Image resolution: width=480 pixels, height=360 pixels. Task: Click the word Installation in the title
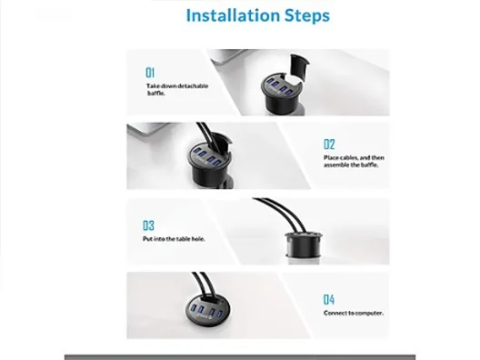(233, 15)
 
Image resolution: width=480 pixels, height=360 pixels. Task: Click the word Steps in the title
(307, 16)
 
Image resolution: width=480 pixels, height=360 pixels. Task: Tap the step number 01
(150, 73)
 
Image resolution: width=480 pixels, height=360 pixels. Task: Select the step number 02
(329, 145)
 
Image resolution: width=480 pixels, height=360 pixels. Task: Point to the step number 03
(148, 225)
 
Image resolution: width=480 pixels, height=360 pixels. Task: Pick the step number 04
(329, 299)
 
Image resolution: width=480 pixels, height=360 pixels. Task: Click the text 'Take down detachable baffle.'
(177, 89)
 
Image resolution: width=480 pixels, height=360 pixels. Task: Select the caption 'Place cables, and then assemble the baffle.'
(354, 161)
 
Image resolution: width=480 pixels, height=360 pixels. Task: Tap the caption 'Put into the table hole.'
(174, 239)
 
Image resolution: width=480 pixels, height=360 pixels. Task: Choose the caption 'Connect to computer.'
(354, 313)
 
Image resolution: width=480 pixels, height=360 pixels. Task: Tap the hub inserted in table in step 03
(304, 245)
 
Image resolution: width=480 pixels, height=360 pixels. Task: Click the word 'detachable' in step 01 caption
(193, 86)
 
